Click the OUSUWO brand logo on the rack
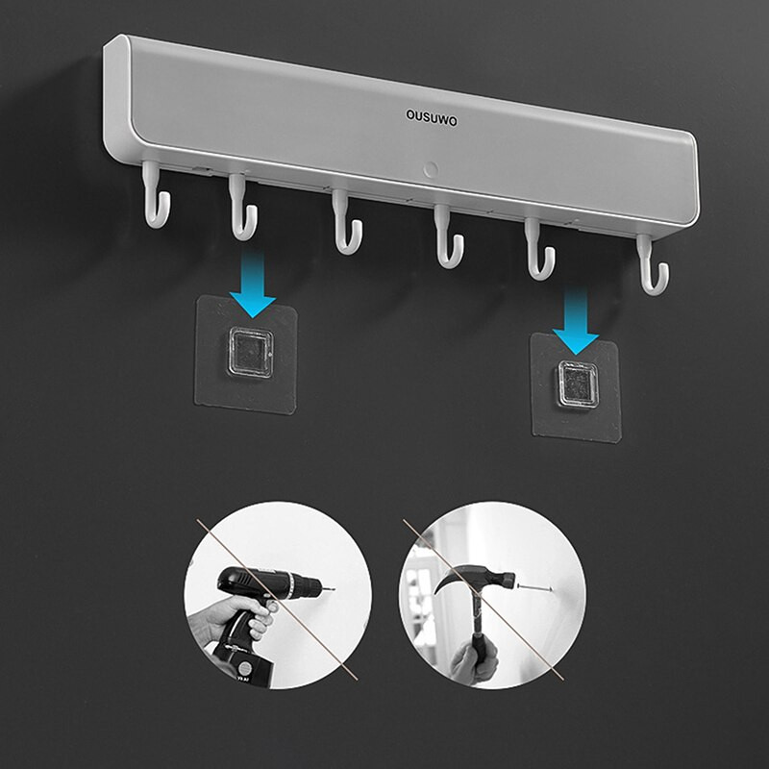[432, 118]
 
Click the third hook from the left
[346, 222]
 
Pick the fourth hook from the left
[448, 236]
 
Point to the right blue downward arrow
[576, 321]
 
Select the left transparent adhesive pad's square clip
[250, 352]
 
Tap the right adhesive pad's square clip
[578, 385]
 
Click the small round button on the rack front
[431, 170]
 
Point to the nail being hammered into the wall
[534, 587]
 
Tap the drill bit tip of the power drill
[333, 588]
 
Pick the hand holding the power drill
[231, 619]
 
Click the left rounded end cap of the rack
[117, 98]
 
